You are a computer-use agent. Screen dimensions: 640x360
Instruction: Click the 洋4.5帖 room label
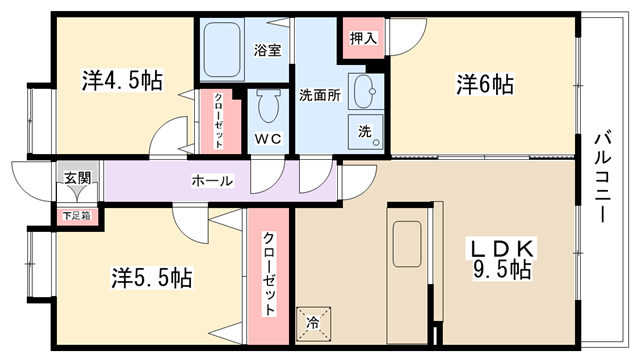(x=122, y=80)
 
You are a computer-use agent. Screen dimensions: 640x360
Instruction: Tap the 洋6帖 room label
(x=485, y=84)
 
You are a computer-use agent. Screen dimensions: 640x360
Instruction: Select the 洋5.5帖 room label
(x=151, y=278)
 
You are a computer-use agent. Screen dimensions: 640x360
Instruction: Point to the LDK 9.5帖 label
(x=502, y=260)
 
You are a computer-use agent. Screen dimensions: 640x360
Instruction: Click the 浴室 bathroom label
(x=267, y=50)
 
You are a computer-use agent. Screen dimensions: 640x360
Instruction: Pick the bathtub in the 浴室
(x=222, y=49)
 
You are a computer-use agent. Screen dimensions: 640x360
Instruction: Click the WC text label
(x=268, y=139)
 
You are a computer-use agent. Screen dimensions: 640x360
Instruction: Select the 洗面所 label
(x=320, y=95)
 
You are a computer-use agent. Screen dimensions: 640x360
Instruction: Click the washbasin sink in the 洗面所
(x=365, y=91)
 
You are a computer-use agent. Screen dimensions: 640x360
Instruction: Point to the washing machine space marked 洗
(x=366, y=132)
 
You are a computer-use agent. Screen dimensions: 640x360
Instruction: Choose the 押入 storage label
(x=363, y=38)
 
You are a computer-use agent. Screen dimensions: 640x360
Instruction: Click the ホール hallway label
(x=213, y=180)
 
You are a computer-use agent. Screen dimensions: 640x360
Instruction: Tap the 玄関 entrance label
(x=77, y=178)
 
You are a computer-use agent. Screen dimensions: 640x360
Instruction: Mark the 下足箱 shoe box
(x=77, y=216)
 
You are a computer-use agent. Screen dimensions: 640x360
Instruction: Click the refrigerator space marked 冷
(x=313, y=324)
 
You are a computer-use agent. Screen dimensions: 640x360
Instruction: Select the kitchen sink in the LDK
(x=407, y=244)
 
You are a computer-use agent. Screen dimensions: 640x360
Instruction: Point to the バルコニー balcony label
(x=602, y=176)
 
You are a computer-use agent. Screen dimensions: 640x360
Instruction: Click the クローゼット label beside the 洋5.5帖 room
(x=268, y=274)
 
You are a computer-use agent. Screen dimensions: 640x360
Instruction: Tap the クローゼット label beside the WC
(x=218, y=121)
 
